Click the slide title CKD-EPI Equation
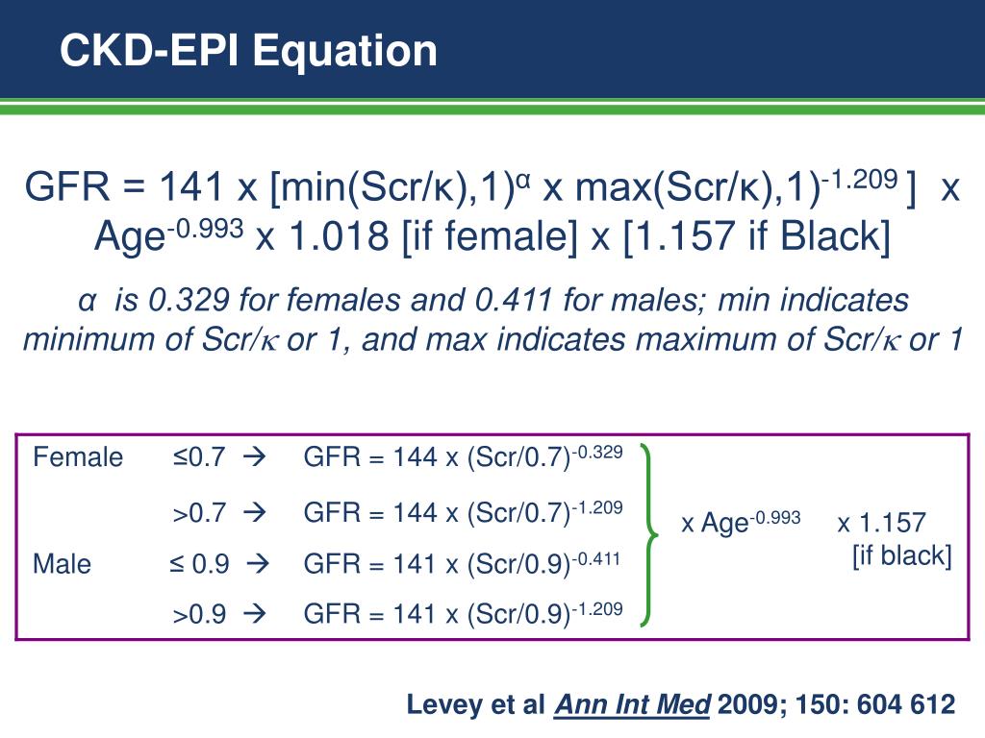tap(248, 50)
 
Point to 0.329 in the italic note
tap(189, 301)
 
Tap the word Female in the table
tap(78, 457)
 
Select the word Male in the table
tap(63, 564)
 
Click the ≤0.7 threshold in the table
tap(199, 457)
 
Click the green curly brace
tap(651, 534)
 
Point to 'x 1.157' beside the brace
tap(881, 524)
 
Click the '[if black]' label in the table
tap(901, 555)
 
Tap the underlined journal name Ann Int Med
tap(632, 705)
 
